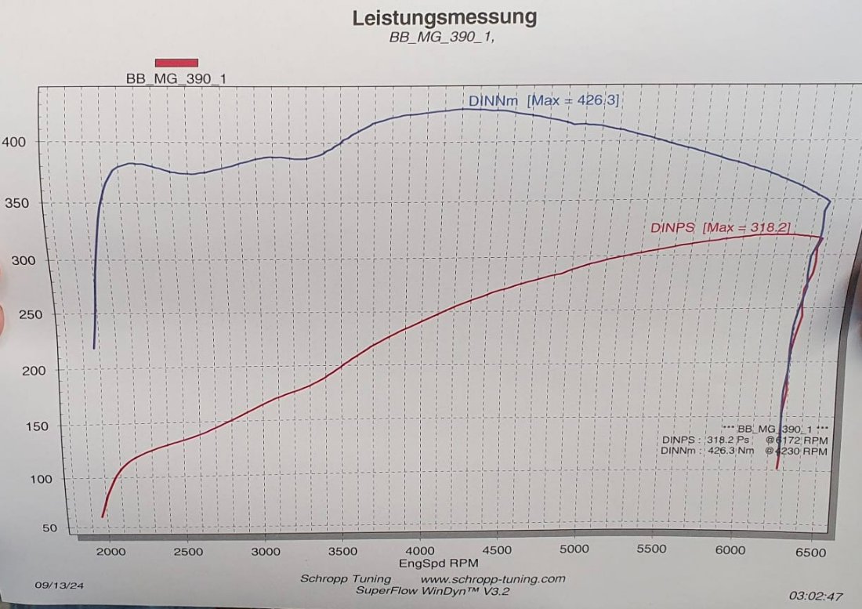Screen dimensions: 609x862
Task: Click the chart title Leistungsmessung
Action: pos(444,17)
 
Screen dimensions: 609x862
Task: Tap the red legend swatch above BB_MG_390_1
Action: pos(176,63)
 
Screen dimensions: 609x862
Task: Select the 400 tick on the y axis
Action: pos(18,142)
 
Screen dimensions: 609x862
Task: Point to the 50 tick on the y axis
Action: pos(49,528)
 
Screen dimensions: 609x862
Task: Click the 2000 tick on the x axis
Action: pos(110,551)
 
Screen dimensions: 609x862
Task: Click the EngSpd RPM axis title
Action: pos(439,563)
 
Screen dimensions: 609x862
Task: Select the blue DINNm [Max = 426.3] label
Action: pos(544,101)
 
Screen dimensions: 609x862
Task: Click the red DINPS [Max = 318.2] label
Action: pos(720,227)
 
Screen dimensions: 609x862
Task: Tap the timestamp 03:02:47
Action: pos(817,596)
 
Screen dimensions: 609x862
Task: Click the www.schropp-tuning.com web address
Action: pos(492,578)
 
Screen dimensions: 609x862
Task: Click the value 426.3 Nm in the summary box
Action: pos(729,451)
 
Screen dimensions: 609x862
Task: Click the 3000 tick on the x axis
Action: pos(266,551)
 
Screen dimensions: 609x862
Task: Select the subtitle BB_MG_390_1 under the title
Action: pos(442,38)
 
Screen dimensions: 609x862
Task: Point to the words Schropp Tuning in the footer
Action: pos(346,578)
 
